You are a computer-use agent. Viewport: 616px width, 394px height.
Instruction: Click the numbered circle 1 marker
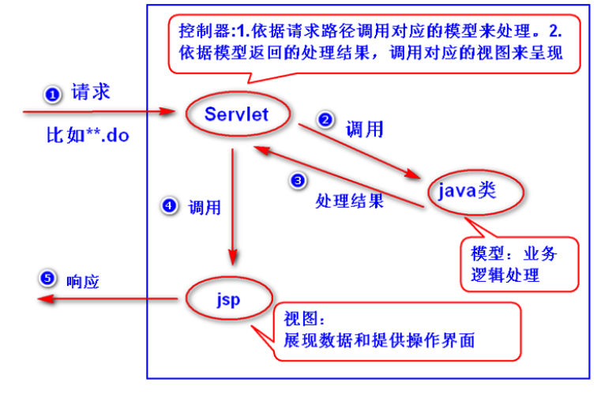pos(52,95)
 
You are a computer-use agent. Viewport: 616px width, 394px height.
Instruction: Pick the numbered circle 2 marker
pos(325,120)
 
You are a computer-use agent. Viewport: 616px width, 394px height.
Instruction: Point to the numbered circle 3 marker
pos(298,181)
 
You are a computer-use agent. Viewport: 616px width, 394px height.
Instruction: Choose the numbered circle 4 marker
pos(168,206)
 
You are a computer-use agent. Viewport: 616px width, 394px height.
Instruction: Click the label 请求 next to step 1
pos(90,92)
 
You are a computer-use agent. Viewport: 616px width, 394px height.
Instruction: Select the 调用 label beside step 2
pos(365,129)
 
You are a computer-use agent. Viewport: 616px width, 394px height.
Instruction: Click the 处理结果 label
pos(349,201)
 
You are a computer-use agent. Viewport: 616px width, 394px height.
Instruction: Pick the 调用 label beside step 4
pos(204,208)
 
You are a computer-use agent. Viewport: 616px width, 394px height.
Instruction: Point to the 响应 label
pos(82,280)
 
